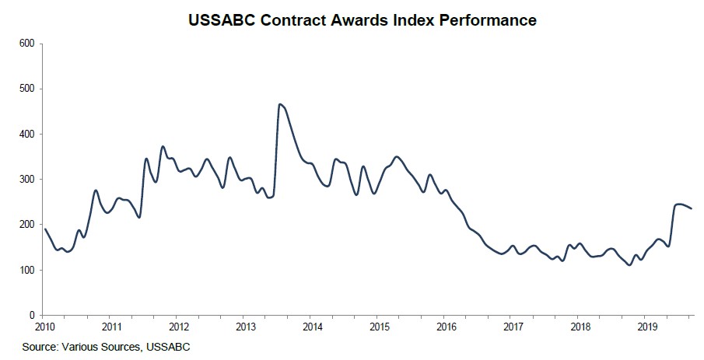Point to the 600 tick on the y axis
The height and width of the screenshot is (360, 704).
[x=28, y=44]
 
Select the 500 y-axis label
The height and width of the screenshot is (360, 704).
[x=28, y=89]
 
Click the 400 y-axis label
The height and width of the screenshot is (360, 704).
[x=28, y=134]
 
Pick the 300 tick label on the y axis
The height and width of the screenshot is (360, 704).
[x=28, y=180]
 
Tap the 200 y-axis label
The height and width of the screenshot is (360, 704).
[x=28, y=225]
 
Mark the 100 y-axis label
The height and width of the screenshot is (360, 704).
[x=28, y=271]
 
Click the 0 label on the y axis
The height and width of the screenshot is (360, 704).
[x=33, y=316]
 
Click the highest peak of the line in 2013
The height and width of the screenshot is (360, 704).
[x=280, y=104]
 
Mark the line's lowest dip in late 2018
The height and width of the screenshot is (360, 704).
[x=629, y=264]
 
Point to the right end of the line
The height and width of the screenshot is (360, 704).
[x=692, y=208]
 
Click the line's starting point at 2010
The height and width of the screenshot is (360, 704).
[x=44, y=229]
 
